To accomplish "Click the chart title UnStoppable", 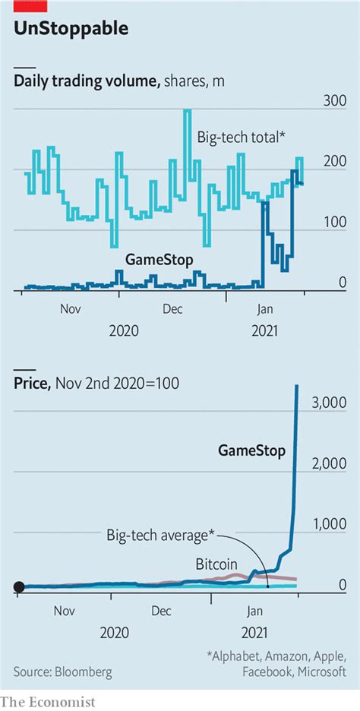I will coord(71,30).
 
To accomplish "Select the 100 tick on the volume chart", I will coord(335,222).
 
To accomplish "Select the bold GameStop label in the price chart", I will coord(252,450).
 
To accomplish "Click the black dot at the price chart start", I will coord(20,586).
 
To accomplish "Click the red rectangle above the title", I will coord(30,5).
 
